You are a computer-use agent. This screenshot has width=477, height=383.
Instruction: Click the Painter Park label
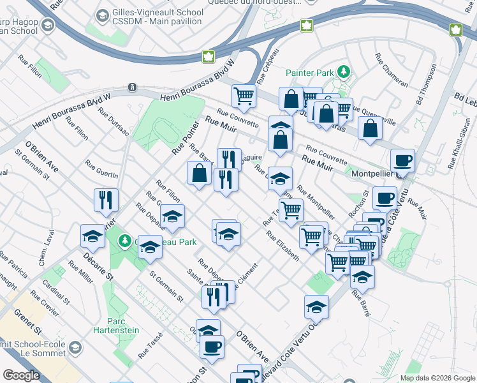pyautogui.click(x=310, y=73)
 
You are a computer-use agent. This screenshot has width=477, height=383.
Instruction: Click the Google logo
pyautogui.click(x=22, y=375)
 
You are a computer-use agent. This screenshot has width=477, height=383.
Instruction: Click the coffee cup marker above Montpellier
pyautogui.click(x=402, y=160)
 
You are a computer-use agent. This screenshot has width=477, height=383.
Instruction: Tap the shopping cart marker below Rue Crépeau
pyautogui.click(x=244, y=96)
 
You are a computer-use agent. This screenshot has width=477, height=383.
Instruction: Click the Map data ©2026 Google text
pyautogui.click(x=437, y=378)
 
